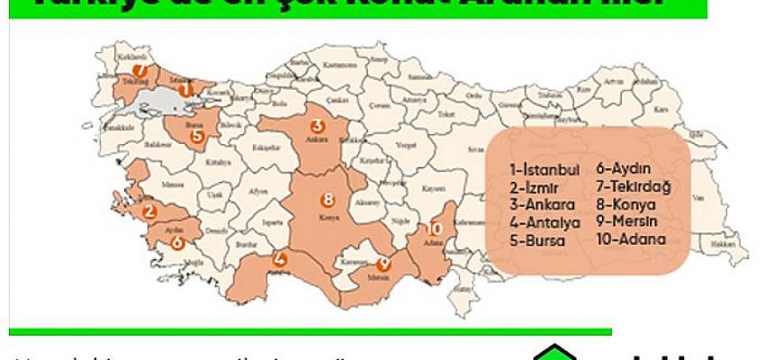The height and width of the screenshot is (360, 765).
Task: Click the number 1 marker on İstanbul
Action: pos(185,89)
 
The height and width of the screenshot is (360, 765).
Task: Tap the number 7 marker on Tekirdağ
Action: pos(139,69)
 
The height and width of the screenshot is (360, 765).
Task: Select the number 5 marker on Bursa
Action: pos(197,137)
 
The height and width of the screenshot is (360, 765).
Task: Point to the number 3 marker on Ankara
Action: pos(317,125)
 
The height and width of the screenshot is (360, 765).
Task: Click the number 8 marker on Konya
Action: pos(328,199)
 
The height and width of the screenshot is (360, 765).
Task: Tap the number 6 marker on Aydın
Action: pos(176,242)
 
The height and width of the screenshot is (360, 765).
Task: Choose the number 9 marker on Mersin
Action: pos(383,264)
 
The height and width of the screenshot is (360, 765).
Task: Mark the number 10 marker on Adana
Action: pos(436,229)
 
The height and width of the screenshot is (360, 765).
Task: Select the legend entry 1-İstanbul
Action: pos(544,168)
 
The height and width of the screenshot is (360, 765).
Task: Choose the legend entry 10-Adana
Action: pos(630,240)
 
